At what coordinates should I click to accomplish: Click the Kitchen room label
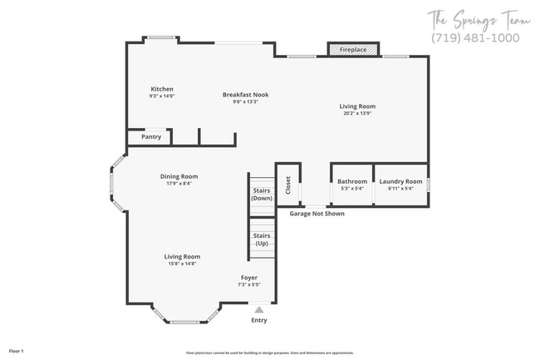point(162,89)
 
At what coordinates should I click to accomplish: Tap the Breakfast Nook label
point(245,95)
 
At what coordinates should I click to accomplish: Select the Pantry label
point(151,136)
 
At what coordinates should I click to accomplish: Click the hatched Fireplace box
point(353,50)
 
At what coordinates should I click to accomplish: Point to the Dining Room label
point(179,176)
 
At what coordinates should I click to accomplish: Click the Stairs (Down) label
point(262,195)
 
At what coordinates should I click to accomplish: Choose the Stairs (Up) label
point(262,239)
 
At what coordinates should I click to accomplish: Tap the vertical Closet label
point(288,185)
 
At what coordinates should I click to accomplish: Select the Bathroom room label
point(352,181)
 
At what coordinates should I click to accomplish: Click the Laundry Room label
point(400,181)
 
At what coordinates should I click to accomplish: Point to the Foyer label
point(249,278)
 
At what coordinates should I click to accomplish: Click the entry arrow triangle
point(259,309)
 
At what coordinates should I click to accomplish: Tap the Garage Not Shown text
point(317,214)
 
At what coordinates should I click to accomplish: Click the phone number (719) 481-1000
point(475,38)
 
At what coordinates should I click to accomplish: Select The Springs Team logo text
point(474,18)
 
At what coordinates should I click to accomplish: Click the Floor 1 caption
point(17,352)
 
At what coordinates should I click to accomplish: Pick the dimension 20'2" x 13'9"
point(358,113)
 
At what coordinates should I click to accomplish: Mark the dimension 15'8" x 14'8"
point(182,264)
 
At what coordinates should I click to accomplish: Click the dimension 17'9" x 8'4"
point(179,183)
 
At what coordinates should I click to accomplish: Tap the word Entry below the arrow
point(259,320)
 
